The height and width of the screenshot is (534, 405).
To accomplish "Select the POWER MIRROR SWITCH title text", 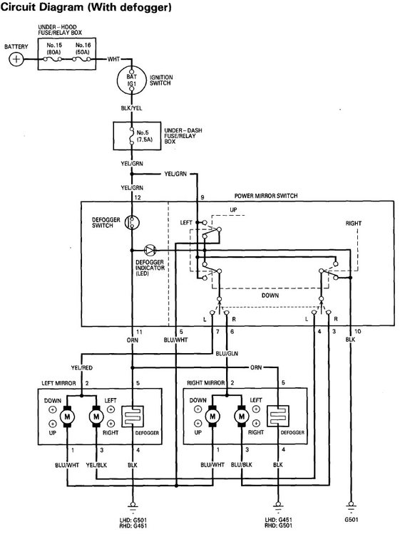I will pyautogui.click(x=266, y=196).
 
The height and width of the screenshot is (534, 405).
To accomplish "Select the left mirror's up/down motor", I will pyautogui.click(x=70, y=416).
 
